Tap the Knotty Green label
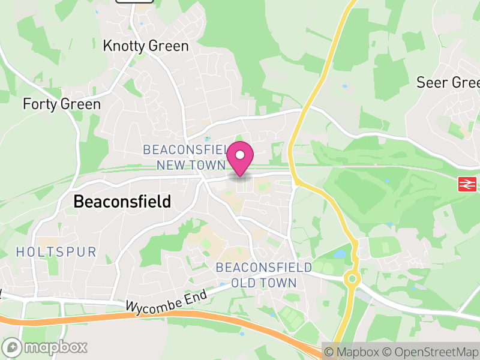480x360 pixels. click(146, 46)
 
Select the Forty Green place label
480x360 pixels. click(62, 104)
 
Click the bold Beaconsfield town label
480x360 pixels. click(122, 202)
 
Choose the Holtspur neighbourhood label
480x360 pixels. click(56, 252)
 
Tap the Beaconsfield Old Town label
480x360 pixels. click(264, 275)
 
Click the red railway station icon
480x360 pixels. click(467, 184)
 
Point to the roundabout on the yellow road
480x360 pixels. click(352, 278)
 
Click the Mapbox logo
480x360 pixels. click(45, 347)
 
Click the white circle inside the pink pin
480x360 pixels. click(240, 155)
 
